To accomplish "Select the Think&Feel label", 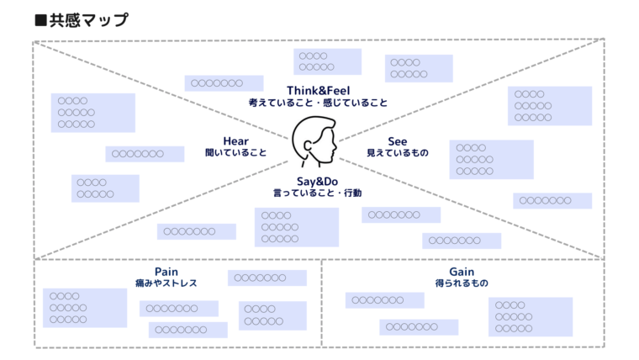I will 318,90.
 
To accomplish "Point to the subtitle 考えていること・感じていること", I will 318,103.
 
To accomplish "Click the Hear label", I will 236,140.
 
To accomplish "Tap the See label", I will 398,140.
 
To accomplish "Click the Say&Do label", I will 317,181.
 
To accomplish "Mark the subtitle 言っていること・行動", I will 317,193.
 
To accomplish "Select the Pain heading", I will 166,272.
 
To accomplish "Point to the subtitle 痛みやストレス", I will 166,283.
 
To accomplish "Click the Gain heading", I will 462,272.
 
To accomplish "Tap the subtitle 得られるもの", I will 462,283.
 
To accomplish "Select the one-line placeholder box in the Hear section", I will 145,154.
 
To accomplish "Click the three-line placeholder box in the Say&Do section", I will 296,227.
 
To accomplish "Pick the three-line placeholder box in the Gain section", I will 530,316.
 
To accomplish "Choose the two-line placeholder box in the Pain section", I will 272,315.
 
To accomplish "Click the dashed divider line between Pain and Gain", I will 322,303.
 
